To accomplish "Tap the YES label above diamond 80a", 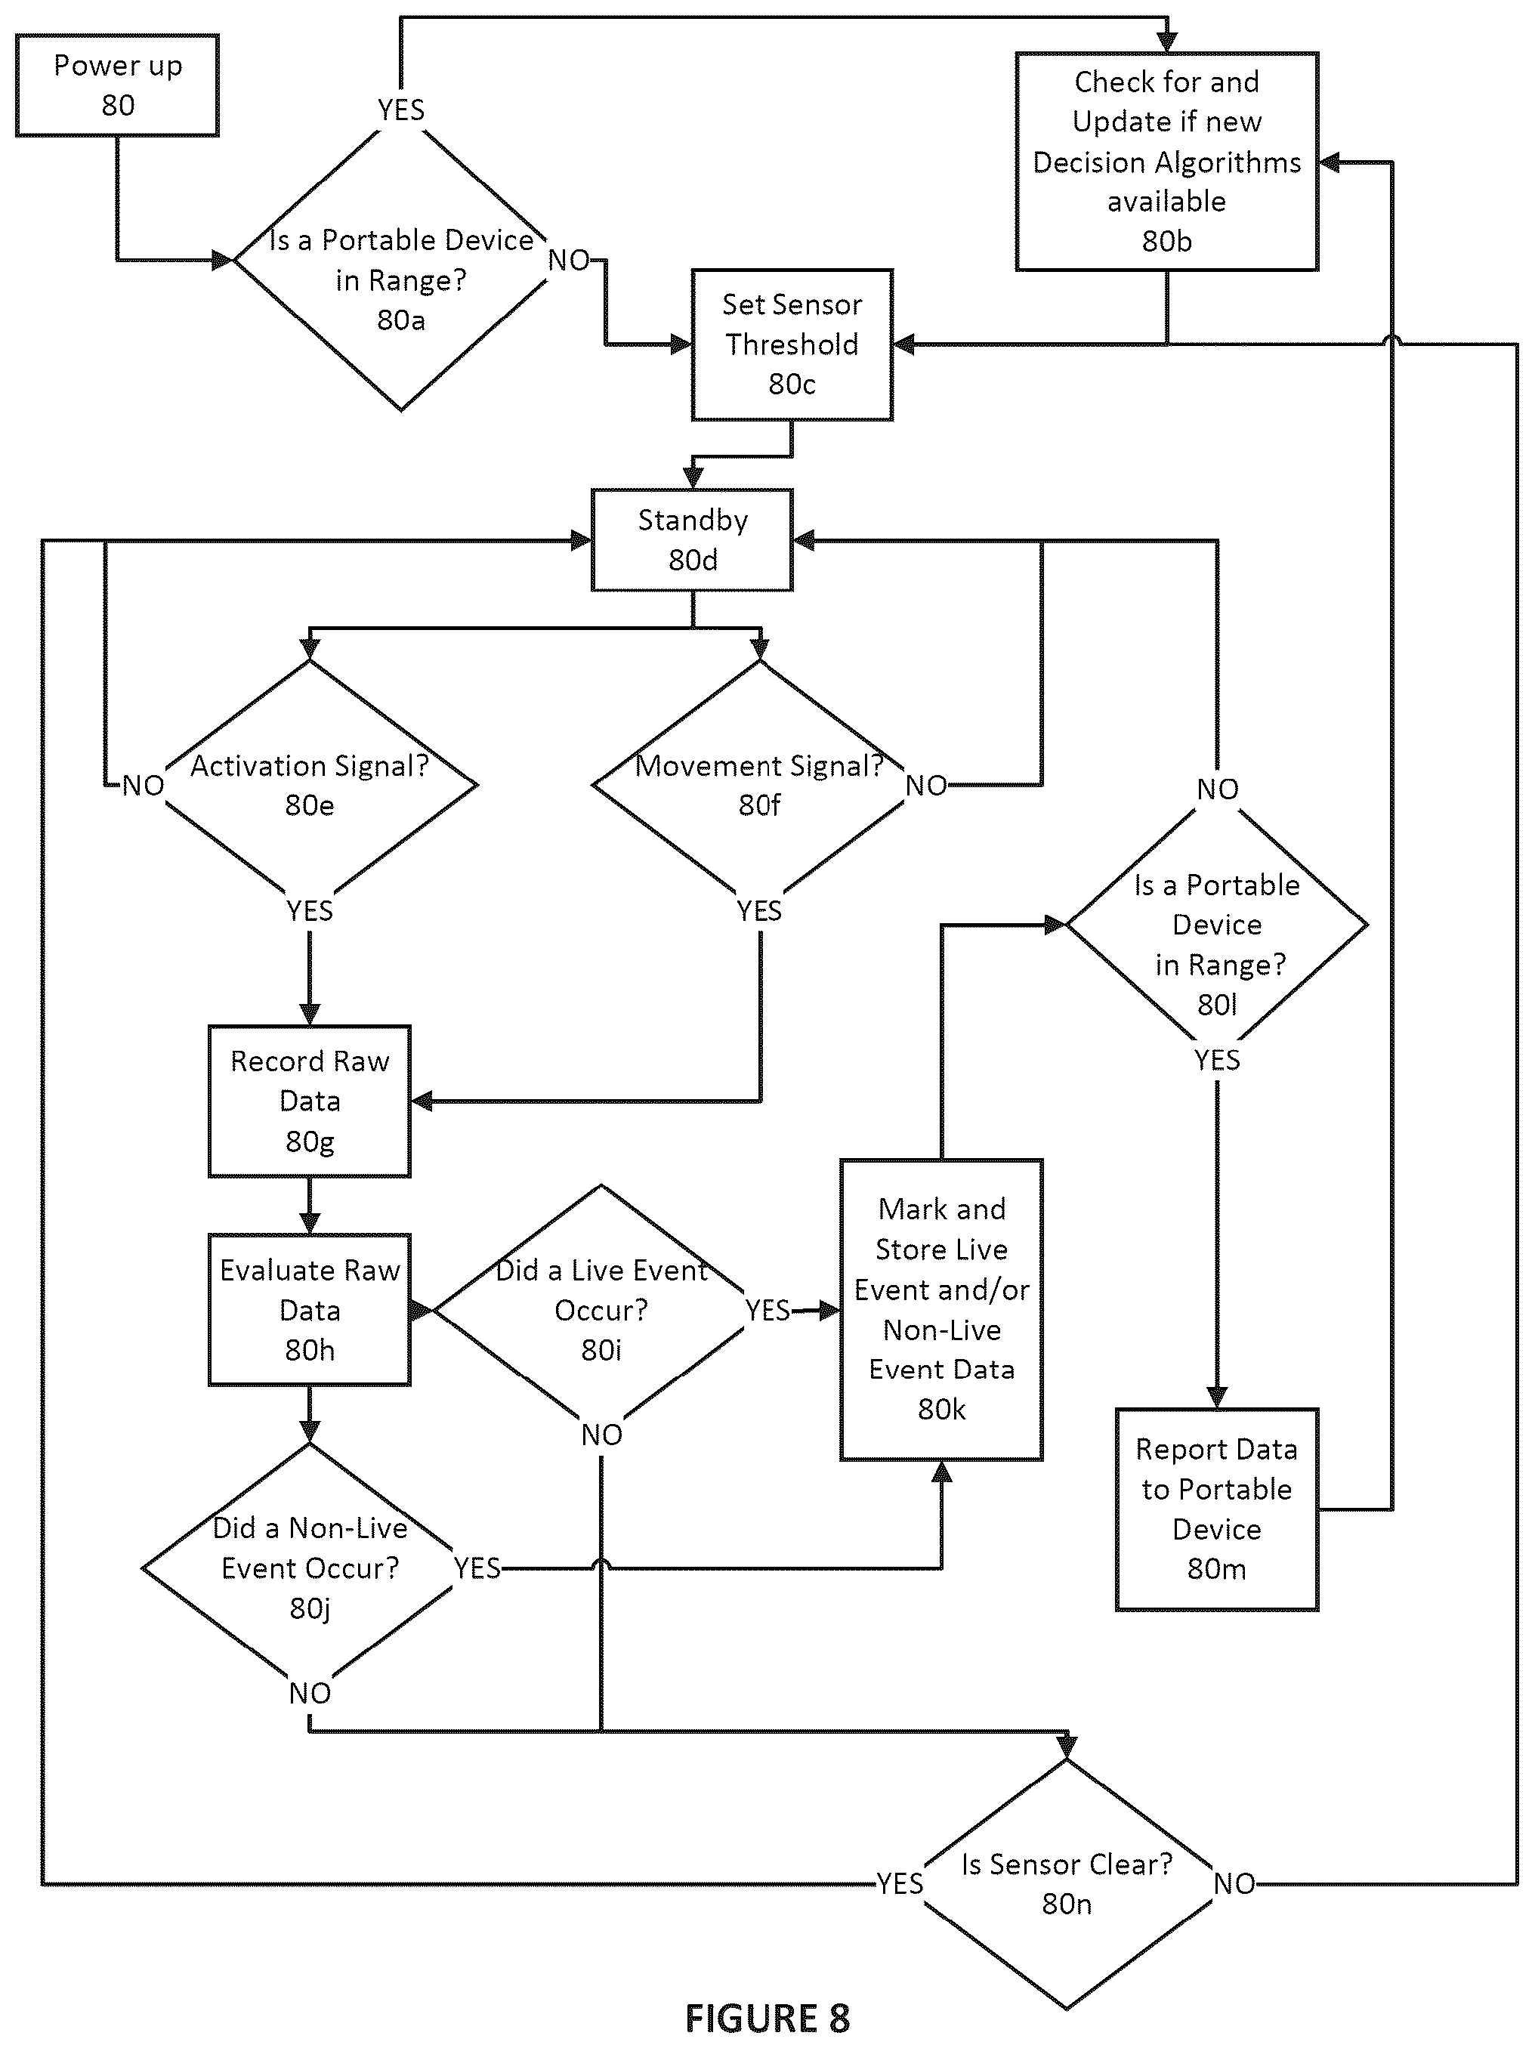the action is tap(401, 110).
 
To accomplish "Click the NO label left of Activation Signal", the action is tap(144, 785).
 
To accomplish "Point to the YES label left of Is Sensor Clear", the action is tap(900, 1883).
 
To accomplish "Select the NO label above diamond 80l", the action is tap(1218, 789).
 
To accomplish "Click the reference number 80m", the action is tap(1216, 1568).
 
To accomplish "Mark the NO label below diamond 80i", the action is tap(602, 1434).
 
